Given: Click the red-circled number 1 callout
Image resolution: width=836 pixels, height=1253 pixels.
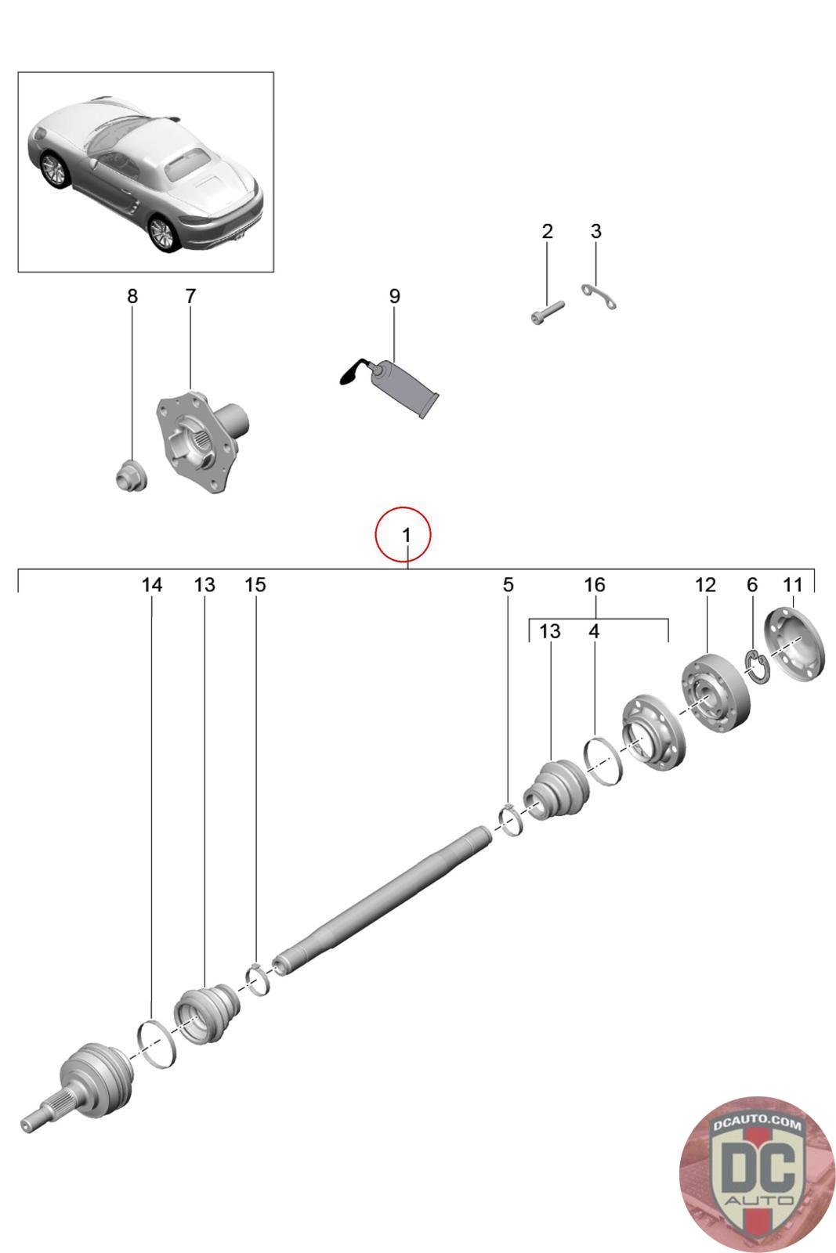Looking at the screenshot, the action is [x=405, y=536].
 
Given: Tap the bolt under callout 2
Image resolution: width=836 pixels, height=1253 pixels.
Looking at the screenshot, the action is [x=548, y=312].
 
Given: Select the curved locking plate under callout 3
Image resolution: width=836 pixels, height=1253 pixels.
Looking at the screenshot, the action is [x=599, y=296].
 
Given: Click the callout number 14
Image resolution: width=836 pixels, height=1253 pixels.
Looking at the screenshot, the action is [x=152, y=585].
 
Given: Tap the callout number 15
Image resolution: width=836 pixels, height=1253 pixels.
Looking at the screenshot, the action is [x=255, y=585].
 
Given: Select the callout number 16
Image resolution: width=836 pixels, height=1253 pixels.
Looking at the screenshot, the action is [x=595, y=585].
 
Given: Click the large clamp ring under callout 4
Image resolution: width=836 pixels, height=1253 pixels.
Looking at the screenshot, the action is [x=604, y=760].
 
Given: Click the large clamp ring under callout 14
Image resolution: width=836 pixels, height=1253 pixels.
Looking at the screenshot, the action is [x=156, y=1043].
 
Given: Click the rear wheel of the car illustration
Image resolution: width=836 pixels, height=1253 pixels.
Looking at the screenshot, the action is [x=163, y=233].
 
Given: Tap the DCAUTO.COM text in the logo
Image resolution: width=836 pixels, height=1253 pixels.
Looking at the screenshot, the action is [x=757, y=1125].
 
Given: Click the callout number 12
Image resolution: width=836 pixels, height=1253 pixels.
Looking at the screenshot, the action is [x=705, y=585].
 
